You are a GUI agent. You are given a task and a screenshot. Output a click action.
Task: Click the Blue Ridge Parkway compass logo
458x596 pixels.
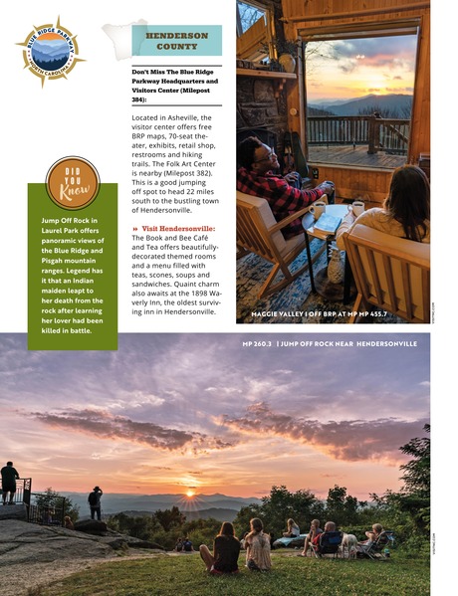(x=50, y=52)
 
